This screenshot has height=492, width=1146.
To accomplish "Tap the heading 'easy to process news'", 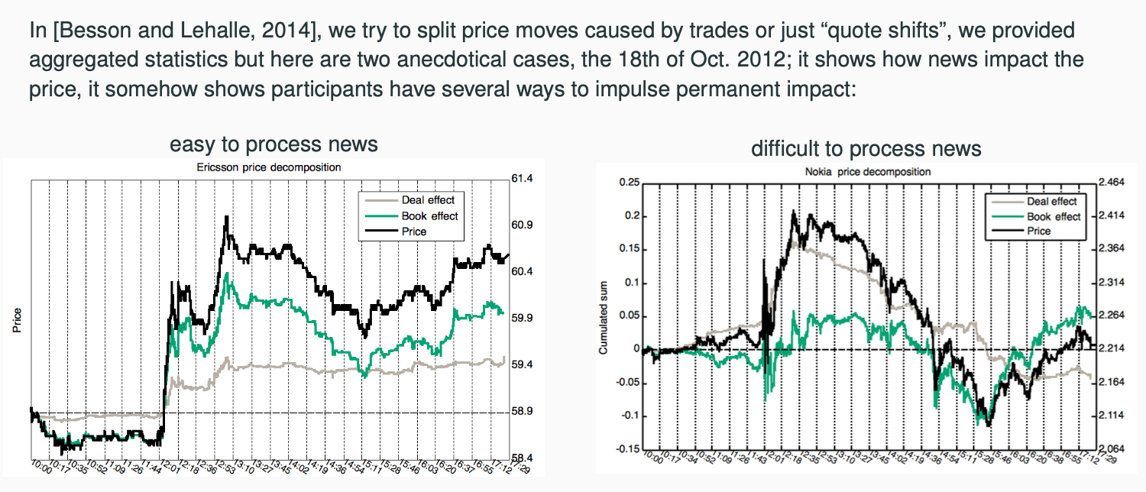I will (274, 144).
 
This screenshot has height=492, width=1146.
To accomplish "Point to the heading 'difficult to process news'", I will (866, 148).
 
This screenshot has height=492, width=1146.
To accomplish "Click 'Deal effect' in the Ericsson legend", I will (428, 200).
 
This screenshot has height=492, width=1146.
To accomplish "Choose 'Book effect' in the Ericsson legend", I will (429, 215).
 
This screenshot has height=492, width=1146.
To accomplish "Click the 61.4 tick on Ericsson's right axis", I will (523, 179).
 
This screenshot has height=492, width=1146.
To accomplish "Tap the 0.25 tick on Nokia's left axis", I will (628, 183).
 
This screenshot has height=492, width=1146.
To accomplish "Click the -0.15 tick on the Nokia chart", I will (626, 448).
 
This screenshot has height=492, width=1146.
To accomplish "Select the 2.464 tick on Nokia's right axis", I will (1113, 183).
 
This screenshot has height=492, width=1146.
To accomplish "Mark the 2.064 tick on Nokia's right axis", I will (1113, 449).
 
